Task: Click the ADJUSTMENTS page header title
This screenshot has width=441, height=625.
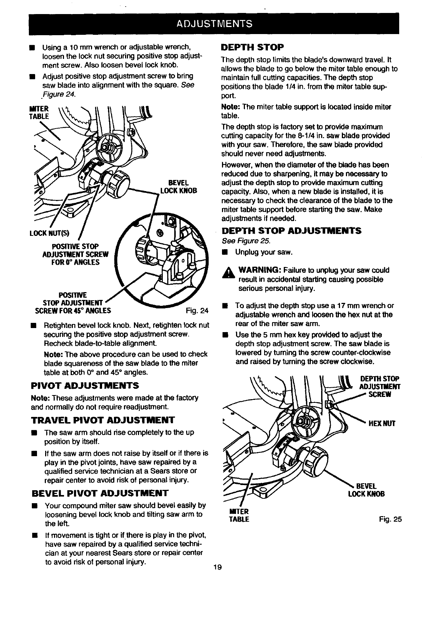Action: pyautogui.click(x=214, y=24)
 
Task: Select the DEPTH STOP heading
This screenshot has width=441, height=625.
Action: pyautogui.click(x=252, y=47)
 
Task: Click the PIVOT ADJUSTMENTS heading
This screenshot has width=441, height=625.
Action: pyautogui.click(x=85, y=385)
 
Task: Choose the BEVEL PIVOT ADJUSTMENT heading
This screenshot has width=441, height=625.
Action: pyautogui.click(x=100, y=493)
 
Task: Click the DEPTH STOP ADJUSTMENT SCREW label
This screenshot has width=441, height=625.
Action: pyautogui.click(x=380, y=387)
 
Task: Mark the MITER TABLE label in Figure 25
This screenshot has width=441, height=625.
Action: pyautogui.click(x=239, y=515)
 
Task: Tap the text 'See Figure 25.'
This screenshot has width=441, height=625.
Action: pyautogui.click(x=246, y=241)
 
